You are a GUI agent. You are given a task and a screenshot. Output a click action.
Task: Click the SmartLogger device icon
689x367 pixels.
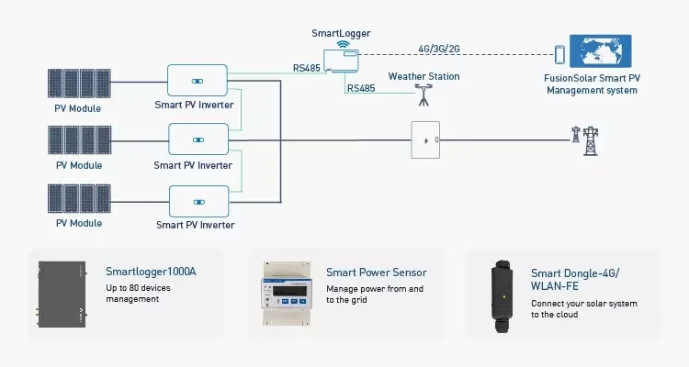coord(341,61)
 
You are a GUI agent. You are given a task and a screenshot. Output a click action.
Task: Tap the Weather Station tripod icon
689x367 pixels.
coord(424,95)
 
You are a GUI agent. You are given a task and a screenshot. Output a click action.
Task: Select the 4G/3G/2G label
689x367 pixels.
coord(439,49)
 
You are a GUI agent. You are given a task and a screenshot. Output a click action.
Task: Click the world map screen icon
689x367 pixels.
coord(600,51)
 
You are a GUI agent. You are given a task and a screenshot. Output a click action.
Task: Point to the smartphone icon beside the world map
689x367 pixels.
coord(559,54)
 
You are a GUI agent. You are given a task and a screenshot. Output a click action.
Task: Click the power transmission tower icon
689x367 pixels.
coord(585,141)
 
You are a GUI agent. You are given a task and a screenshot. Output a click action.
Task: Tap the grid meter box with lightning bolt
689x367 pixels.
coord(425,140)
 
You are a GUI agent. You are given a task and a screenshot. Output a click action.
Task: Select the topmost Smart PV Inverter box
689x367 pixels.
coord(198,81)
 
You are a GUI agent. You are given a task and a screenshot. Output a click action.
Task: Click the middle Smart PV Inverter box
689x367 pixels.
coord(198,139)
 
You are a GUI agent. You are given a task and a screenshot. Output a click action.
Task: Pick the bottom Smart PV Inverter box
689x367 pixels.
coord(199,202)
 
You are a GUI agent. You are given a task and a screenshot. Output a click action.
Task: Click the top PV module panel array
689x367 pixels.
coord(79,83)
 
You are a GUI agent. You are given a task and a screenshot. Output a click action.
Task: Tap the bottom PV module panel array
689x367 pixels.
coord(79,198)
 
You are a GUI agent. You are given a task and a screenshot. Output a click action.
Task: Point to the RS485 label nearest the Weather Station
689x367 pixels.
coord(361,88)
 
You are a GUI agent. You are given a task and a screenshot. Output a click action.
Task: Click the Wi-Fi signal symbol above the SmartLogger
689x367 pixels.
coord(343,44)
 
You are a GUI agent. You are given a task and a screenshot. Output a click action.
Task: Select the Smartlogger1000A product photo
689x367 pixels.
coord(62,295)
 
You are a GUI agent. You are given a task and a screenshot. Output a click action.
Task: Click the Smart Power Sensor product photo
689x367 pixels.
coord(288,294)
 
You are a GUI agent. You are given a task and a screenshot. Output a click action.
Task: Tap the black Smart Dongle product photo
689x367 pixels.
coord(503,296)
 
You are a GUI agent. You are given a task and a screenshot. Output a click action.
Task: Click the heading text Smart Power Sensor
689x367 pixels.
coord(377,272)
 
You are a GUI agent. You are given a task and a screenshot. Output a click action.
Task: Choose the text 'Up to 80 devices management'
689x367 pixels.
coord(138,294)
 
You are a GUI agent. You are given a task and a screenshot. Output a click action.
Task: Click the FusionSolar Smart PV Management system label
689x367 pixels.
coord(592,84)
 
